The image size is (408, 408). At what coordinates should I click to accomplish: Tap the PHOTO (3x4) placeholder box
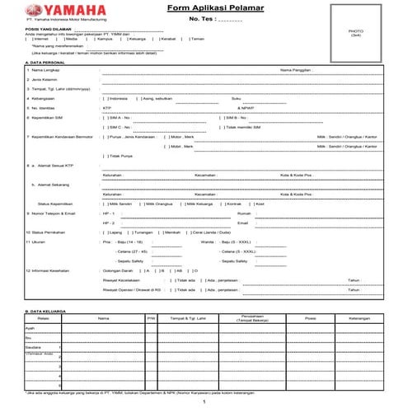355,34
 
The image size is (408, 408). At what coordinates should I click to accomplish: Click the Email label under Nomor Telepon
242,223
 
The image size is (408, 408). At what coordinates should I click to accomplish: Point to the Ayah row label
30,327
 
